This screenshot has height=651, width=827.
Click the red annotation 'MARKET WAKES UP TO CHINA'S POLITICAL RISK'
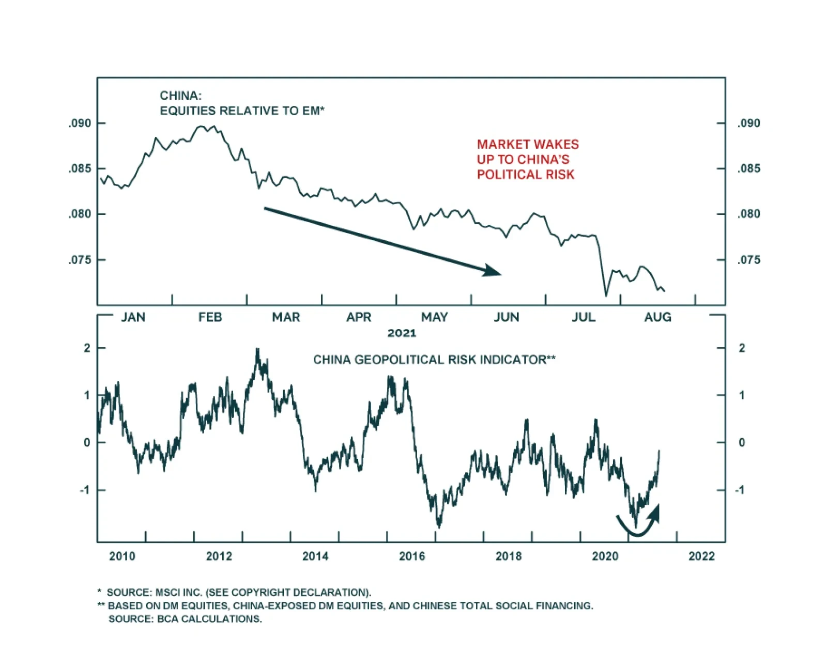click(x=527, y=159)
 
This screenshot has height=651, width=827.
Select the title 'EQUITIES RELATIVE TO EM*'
click(x=242, y=111)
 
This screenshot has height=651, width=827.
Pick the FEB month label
click(x=210, y=317)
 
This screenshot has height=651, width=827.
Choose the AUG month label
click(x=657, y=317)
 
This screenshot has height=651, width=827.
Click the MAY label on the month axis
click(x=434, y=317)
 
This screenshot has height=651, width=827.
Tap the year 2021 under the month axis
click(x=402, y=333)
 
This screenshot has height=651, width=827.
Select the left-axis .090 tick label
click(x=80, y=123)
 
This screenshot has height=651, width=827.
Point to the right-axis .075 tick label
click(x=748, y=260)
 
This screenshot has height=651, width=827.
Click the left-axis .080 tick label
click(x=80, y=214)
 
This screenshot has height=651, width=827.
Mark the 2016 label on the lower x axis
click(x=412, y=556)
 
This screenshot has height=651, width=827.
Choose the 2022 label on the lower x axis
click(x=701, y=556)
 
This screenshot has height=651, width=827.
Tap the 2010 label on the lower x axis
click(x=122, y=556)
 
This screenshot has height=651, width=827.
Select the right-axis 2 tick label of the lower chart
click(x=742, y=348)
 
